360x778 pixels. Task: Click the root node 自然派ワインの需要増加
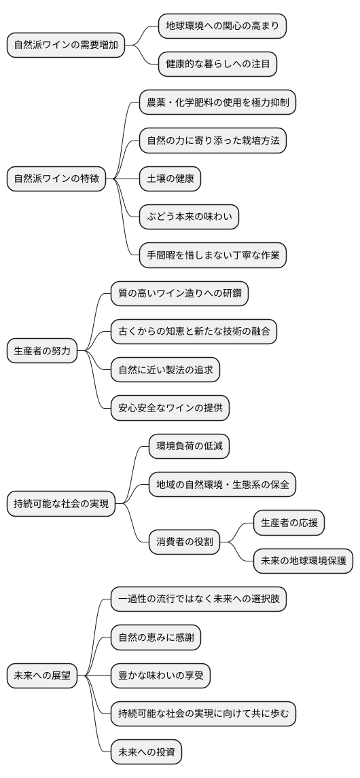(66, 45)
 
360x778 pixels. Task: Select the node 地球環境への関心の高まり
(222, 26)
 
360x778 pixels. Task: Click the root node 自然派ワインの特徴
(57, 179)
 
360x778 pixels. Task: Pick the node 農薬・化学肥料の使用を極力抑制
(217, 103)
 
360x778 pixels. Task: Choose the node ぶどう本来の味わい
(189, 217)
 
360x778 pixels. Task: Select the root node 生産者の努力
(42, 351)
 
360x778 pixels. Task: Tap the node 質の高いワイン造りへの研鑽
(179, 294)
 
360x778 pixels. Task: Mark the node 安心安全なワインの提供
(170, 408)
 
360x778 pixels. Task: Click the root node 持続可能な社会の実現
(61, 504)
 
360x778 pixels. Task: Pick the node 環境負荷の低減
(189, 446)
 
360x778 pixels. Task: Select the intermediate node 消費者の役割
(184, 542)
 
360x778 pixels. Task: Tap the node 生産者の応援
(289, 523)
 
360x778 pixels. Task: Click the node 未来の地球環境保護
(303, 561)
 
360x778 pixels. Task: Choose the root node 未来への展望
(42, 675)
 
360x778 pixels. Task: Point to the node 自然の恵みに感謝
(156, 637)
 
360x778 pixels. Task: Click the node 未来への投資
(146, 752)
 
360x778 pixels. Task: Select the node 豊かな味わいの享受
(160, 675)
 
